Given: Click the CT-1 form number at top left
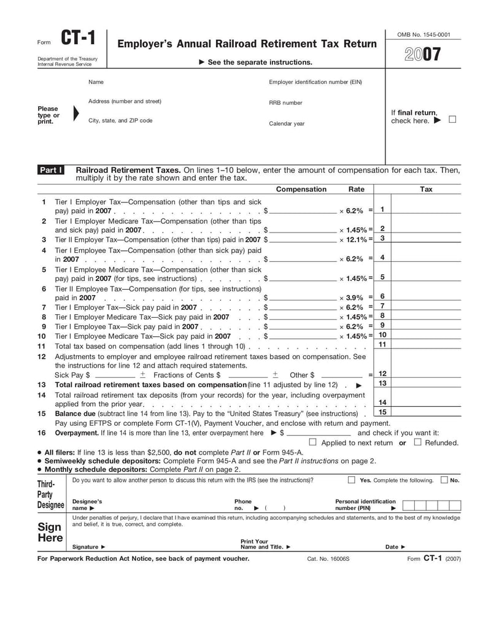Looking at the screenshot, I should (x=78, y=39).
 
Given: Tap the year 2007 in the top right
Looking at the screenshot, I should (x=423, y=55).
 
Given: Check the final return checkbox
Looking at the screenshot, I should (x=452, y=120).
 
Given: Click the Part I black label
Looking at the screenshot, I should (x=51, y=170).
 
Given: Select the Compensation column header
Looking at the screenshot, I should (x=301, y=189).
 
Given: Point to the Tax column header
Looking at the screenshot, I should (x=426, y=189).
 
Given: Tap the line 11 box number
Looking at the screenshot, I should (x=382, y=345).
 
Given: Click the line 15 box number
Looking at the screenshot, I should (x=382, y=412).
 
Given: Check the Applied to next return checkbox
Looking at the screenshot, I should (x=313, y=442).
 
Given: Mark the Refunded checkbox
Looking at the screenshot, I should (x=417, y=442).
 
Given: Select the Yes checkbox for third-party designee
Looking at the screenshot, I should (x=352, y=480).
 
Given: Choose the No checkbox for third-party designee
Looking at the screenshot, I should (x=444, y=480).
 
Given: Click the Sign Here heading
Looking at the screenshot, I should (x=50, y=532).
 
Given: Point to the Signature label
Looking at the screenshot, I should (x=88, y=547).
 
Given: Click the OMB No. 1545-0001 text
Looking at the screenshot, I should (x=423, y=34).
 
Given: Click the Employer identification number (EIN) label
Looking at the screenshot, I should (x=315, y=82).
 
